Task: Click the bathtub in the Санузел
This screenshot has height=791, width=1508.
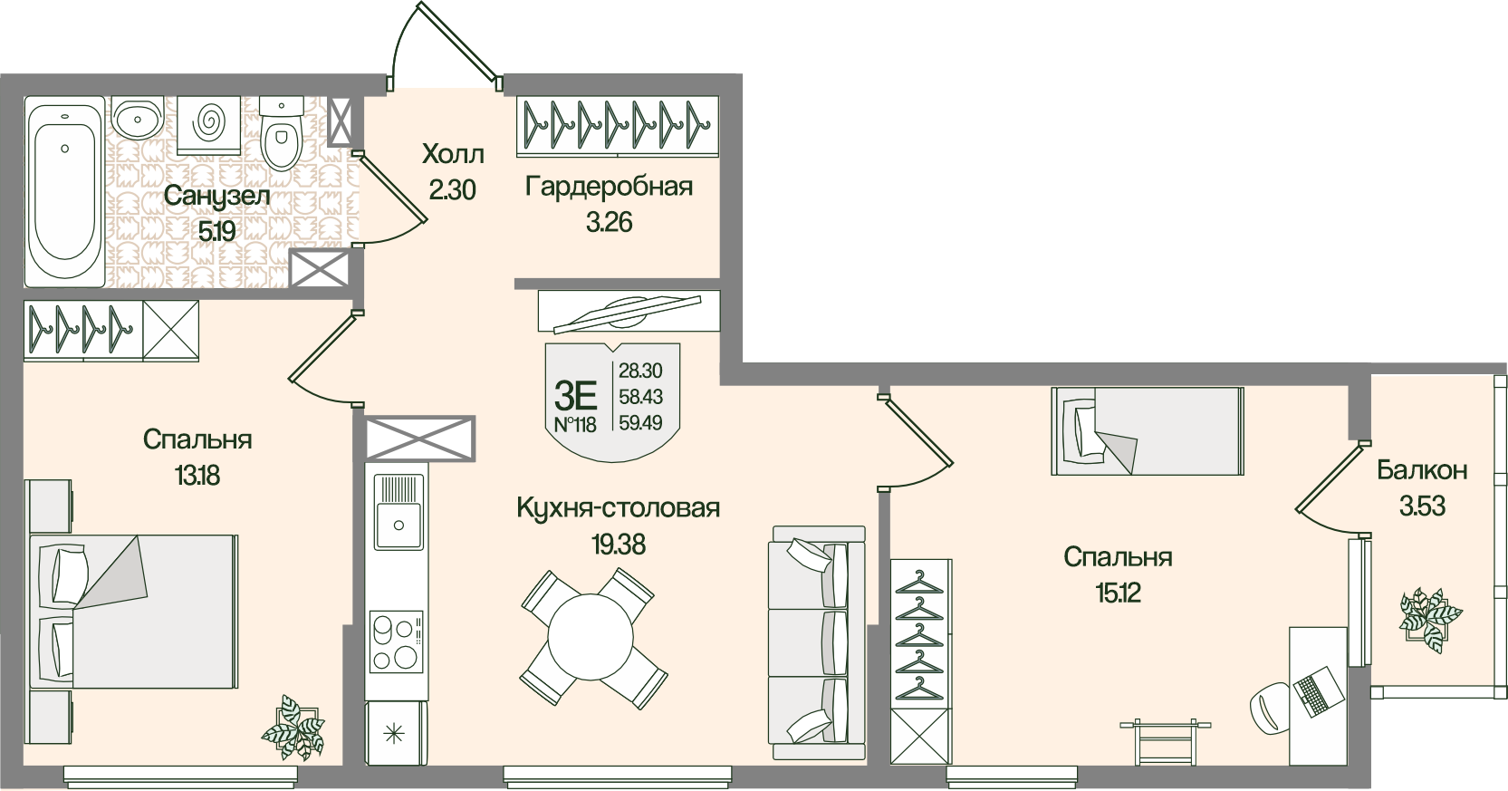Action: pos(64,192)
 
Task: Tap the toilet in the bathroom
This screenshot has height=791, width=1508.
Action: pos(280,136)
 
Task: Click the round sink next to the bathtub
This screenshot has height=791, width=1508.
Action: pos(138,117)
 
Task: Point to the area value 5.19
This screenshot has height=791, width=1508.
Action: pos(216,230)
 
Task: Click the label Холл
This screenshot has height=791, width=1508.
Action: pos(453,154)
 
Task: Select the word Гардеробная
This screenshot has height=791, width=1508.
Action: pos(609,187)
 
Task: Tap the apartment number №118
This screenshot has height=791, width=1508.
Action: pos(575,424)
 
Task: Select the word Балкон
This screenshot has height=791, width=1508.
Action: pos(1422,470)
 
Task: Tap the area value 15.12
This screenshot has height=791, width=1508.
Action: pos(1118,593)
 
